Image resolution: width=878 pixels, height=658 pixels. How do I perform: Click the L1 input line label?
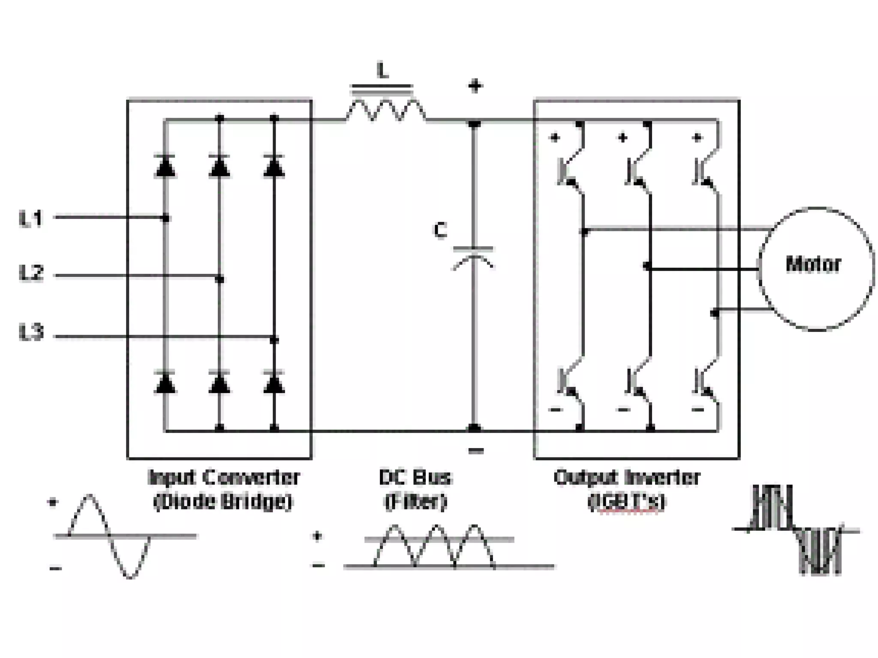[31, 218]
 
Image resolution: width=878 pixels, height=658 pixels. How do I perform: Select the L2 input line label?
[31, 273]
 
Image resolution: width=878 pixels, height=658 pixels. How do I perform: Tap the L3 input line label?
[31, 333]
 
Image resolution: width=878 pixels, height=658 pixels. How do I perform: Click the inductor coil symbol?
[385, 111]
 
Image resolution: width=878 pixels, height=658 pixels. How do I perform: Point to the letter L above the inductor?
[383, 71]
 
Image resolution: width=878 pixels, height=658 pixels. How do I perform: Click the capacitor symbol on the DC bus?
[473, 257]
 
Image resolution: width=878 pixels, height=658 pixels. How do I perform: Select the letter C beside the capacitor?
[440, 230]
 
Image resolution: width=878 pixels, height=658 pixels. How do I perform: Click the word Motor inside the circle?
[813, 264]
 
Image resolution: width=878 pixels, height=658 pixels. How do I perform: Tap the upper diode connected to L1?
[165, 166]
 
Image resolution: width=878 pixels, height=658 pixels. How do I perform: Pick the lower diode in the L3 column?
[274, 382]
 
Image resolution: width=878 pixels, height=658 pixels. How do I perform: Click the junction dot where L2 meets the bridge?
[219, 279]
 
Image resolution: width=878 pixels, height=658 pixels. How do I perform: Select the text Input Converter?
[223, 477]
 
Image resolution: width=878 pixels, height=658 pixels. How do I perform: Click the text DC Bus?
[415, 477]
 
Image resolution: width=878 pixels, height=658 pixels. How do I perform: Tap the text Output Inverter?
[627, 477]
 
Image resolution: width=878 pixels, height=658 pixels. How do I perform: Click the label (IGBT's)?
[627, 502]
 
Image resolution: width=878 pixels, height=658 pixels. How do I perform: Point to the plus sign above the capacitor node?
[475, 87]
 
